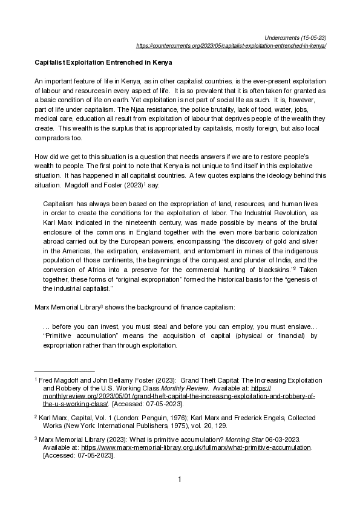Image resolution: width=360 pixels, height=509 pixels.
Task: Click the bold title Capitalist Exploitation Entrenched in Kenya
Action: (x=103, y=62)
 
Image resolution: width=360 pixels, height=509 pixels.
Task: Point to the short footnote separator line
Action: (x=64, y=371)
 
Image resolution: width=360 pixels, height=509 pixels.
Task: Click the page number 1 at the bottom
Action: (x=180, y=479)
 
